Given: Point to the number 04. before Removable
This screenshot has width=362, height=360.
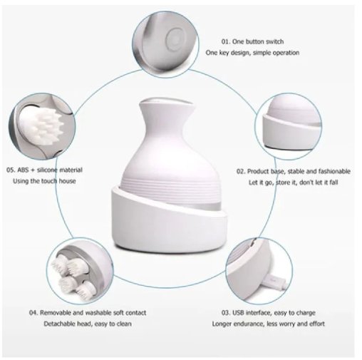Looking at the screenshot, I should tap(33, 313).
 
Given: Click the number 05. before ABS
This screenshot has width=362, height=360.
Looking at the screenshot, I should tap(11, 170).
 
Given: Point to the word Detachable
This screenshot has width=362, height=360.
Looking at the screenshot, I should tap(59, 324).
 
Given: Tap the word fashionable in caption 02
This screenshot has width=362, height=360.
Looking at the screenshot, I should tap(331, 172).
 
